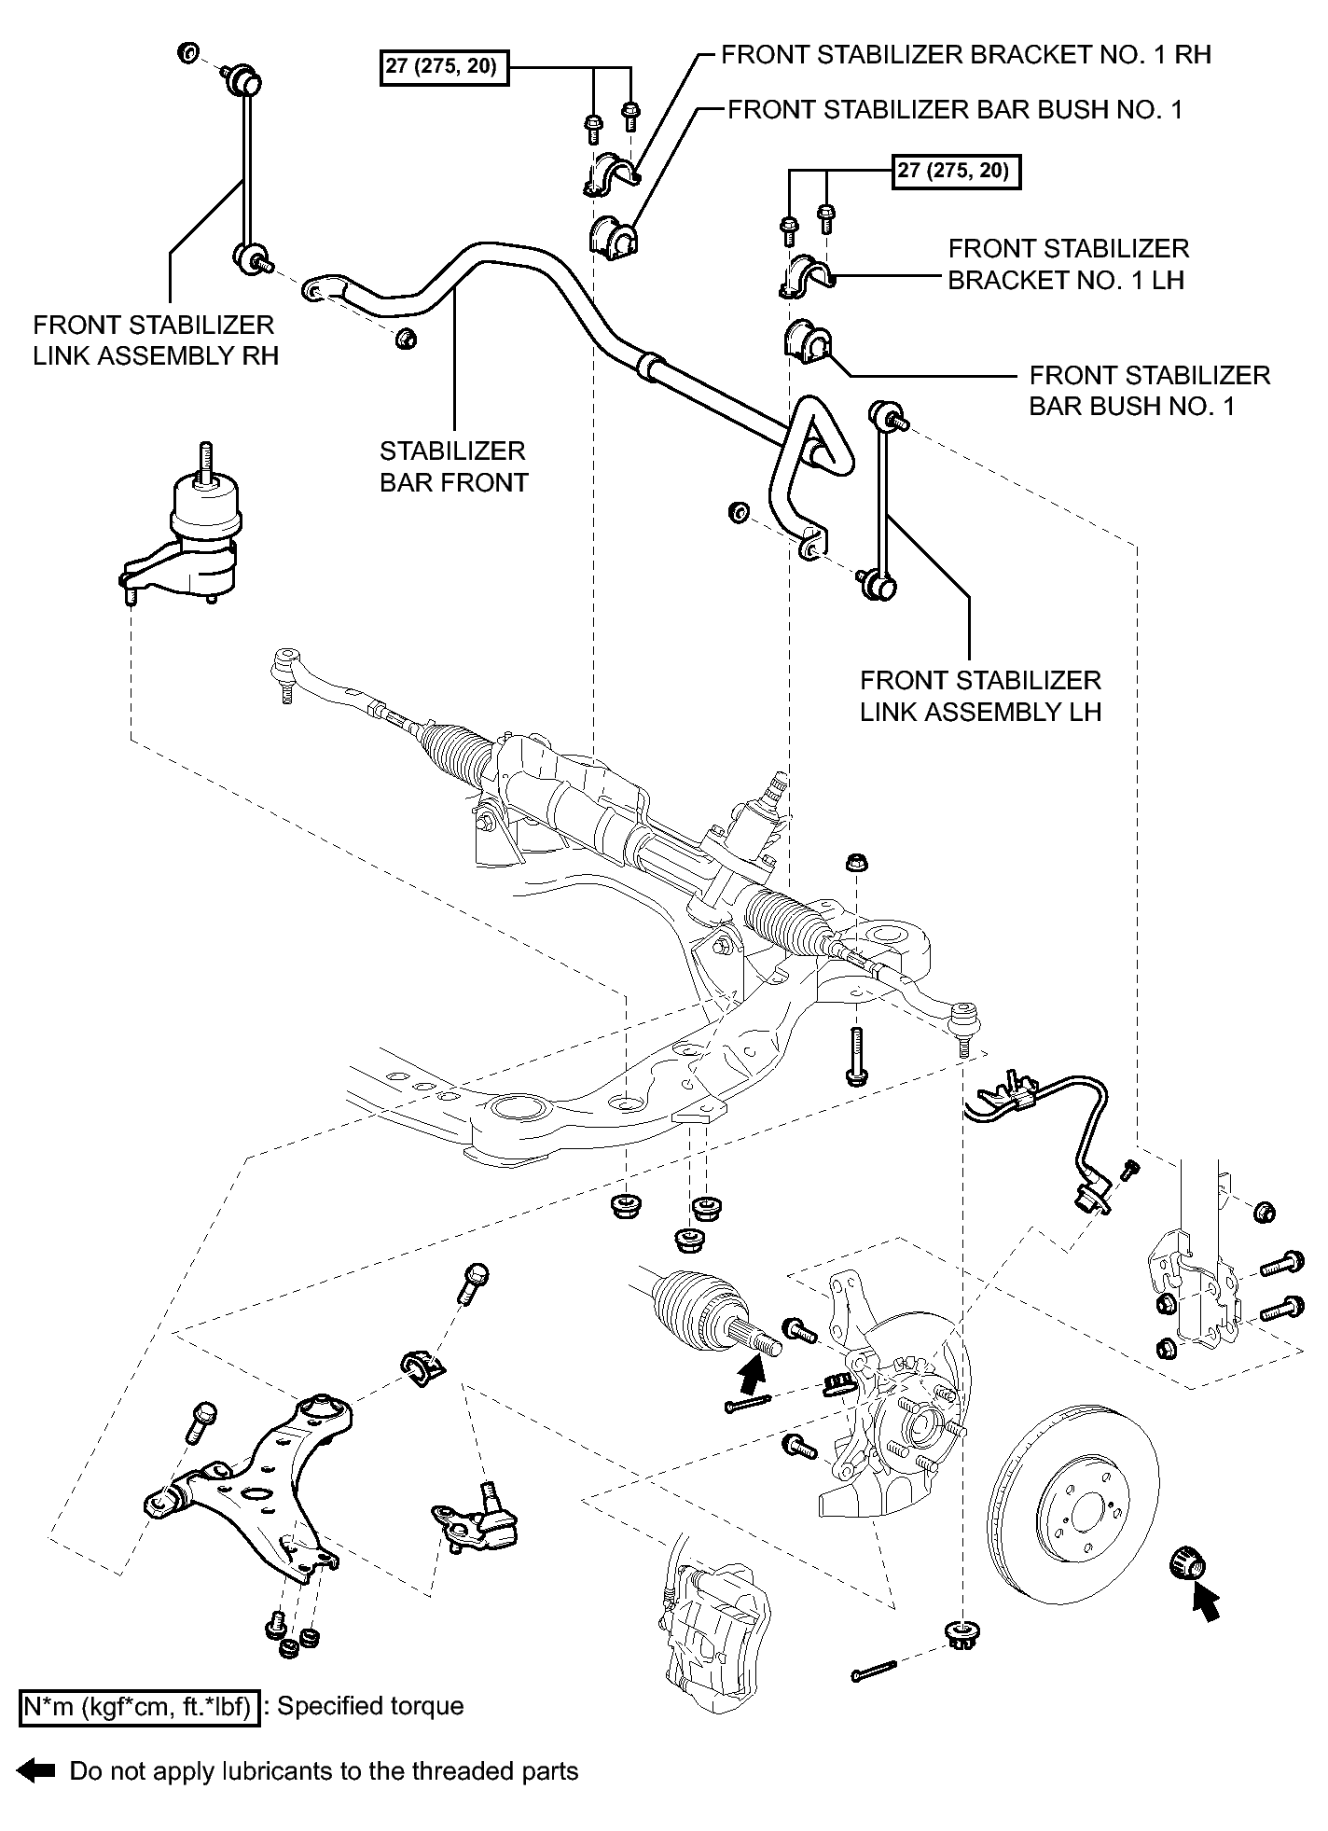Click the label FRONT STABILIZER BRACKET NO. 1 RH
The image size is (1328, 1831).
[966, 54]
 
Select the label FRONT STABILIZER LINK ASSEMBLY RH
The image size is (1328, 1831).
[155, 340]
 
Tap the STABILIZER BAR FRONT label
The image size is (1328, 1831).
[453, 466]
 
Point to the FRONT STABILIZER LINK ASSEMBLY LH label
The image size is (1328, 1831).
[980, 696]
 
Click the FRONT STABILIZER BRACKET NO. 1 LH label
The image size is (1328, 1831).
[1068, 264]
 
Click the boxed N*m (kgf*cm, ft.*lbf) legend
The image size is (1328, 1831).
[138, 1707]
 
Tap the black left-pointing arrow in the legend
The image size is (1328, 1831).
[36, 1771]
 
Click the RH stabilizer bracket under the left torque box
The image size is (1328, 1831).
[610, 173]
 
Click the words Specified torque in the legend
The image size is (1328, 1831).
[370, 1706]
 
